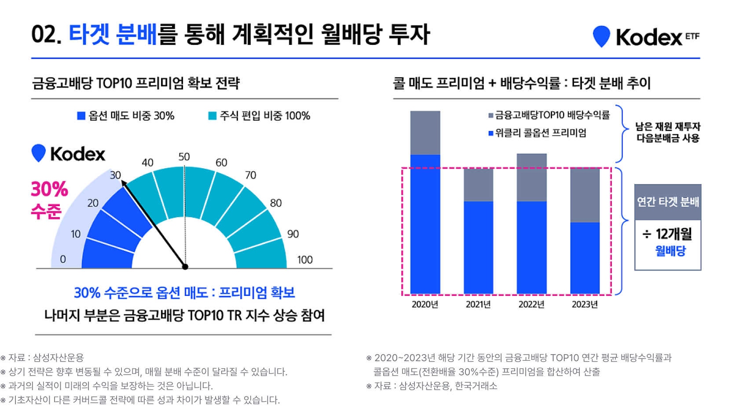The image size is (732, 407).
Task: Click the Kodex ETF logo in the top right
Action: [646, 37]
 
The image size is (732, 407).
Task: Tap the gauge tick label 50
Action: [184, 157]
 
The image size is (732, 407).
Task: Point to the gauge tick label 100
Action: [305, 260]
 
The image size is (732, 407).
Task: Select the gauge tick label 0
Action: [63, 259]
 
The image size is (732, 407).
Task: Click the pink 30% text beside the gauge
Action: [49, 189]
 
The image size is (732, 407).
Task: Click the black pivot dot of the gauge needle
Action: [185, 266]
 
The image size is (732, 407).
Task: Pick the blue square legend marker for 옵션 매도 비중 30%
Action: [81, 116]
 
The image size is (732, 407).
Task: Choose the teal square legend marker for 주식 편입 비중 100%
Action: [212, 116]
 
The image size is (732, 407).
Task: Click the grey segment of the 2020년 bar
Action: [425, 133]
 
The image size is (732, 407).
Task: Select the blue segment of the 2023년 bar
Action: [585, 258]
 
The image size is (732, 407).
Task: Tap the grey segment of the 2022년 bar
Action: [531, 178]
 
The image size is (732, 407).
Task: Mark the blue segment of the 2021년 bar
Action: [478, 247]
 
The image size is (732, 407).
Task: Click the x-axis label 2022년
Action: [531, 304]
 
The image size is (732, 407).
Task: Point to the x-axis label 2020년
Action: [425, 304]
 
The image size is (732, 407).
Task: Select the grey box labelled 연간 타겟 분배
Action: [668, 202]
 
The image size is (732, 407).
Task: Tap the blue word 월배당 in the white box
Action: [670, 251]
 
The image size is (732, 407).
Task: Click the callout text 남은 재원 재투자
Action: [668, 126]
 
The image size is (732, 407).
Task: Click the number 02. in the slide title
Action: [46, 34]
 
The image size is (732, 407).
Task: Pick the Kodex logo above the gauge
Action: [69, 154]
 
